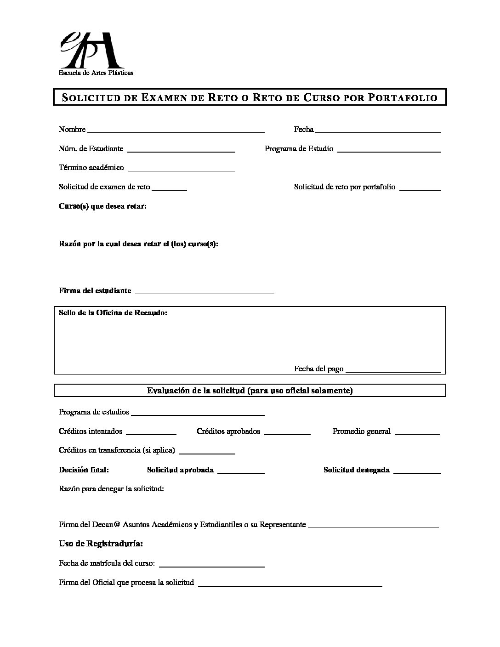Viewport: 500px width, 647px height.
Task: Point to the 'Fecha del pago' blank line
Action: coord(393,370)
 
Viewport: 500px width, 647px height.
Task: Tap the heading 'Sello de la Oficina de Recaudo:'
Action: coord(113,313)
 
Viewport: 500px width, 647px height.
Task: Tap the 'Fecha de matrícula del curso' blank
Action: coord(211,564)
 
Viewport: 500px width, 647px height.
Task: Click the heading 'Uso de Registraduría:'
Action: coord(101,544)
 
